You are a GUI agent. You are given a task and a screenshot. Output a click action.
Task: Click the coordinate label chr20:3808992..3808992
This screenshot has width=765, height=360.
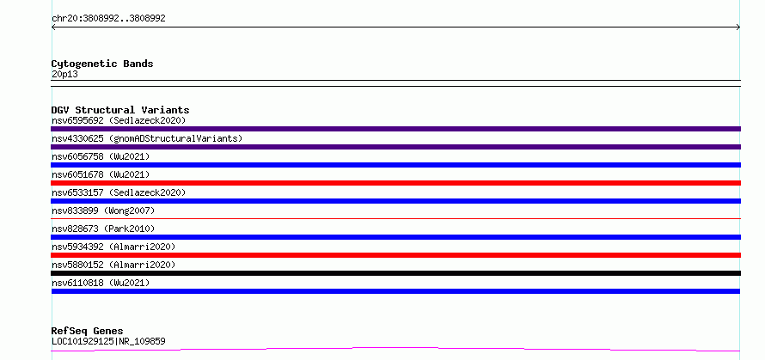pos(108,19)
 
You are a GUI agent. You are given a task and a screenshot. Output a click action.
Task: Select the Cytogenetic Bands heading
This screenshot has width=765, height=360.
pos(102,64)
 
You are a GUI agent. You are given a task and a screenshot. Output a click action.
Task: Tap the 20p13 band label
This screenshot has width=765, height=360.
pos(64,75)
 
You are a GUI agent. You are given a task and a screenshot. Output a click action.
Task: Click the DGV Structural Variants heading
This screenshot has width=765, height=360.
pos(120,110)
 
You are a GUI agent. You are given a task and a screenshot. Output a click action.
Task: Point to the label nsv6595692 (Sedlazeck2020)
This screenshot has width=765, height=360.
pos(119,120)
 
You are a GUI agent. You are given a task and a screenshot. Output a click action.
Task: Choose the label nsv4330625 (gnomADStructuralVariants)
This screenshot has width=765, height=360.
pos(147,138)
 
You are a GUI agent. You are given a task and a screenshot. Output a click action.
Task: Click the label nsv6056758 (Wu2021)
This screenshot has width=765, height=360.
pos(101,156)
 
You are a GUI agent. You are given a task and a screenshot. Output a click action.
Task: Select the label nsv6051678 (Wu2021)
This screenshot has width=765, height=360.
pos(101,174)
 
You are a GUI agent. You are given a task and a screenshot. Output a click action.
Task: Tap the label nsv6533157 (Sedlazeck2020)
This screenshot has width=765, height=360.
pos(119,192)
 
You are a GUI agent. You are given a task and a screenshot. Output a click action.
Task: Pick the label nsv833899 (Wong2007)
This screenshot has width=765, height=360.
pos(103,211)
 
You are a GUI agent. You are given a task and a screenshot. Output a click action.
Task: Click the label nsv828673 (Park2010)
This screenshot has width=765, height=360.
pos(103,229)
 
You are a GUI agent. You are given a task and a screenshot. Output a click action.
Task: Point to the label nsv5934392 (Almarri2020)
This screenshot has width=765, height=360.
pos(113,247)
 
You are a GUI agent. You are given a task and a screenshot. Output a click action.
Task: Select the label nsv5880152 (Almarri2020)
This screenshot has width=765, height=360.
pos(113,265)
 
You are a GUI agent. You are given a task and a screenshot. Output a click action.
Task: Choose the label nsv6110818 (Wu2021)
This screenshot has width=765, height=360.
pos(101,283)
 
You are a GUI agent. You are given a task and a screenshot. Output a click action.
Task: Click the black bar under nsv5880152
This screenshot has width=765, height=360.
pos(395,273)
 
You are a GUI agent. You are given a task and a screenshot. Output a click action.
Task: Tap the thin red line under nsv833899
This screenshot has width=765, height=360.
pos(395,218)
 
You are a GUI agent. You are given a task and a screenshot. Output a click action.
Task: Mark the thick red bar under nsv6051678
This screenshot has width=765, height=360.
pos(395,183)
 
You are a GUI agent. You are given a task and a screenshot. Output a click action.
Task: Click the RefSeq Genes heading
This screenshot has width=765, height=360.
pos(88,332)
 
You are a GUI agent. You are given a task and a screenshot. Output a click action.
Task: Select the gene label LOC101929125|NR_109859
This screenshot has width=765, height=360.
pos(108,341)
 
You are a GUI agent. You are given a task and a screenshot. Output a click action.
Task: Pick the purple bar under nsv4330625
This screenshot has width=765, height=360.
pos(395,147)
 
